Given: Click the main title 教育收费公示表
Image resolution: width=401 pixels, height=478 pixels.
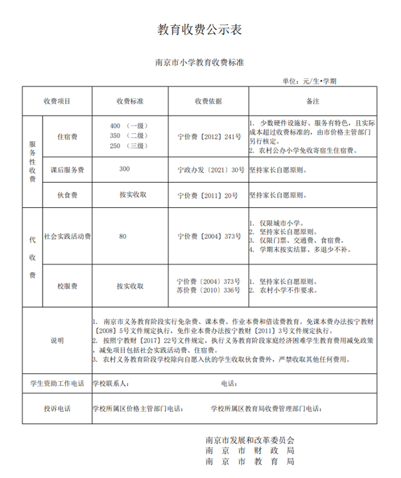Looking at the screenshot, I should pyautogui.click(x=200, y=29).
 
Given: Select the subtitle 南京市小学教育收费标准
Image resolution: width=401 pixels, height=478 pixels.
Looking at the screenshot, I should pyautogui.click(x=200, y=64).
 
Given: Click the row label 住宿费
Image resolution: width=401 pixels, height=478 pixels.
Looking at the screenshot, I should pyautogui.click(x=67, y=137).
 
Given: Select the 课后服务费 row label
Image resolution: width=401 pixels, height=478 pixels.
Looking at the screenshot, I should pyautogui.click(x=67, y=170).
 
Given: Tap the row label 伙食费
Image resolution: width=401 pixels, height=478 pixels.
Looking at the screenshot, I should pyautogui.click(x=67, y=195).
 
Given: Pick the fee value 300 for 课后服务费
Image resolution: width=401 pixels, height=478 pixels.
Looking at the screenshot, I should pyautogui.click(x=125, y=169).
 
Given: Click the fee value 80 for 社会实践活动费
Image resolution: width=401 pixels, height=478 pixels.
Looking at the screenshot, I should pyautogui.click(x=122, y=236).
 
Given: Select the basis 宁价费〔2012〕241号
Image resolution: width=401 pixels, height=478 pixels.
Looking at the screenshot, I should pyautogui.click(x=208, y=137).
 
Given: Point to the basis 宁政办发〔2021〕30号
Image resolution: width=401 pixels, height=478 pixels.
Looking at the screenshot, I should pyautogui.click(x=208, y=170).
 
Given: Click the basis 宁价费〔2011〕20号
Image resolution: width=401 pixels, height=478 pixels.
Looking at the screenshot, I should pyautogui.click(x=208, y=195).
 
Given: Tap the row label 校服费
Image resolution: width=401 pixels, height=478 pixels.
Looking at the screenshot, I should pyautogui.click(x=67, y=286).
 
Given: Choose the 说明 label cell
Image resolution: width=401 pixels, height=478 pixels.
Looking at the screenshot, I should pyautogui.click(x=57, y=340).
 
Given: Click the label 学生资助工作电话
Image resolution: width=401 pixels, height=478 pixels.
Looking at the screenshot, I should pyautogui.click(x=57, y=383).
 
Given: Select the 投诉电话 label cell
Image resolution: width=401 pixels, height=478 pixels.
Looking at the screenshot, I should pyautogui.click(x=57, y=408).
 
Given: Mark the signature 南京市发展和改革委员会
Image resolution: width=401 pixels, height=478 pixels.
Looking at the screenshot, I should pyautogui.click(x=250, y=439).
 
